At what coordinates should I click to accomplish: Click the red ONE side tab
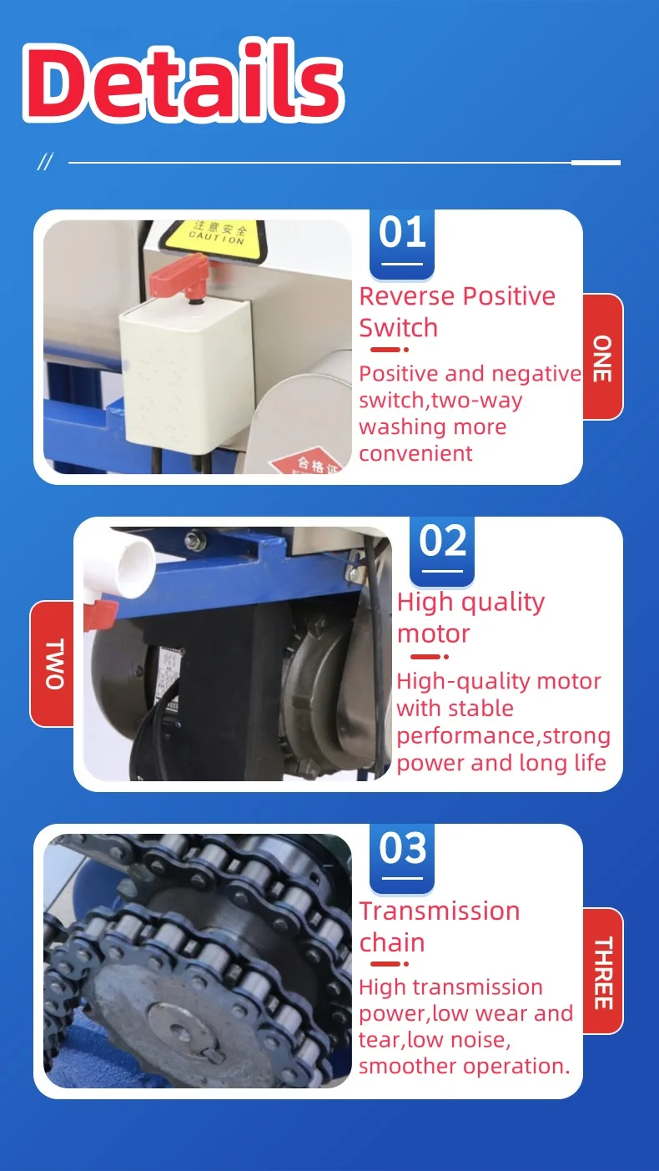point(602,357)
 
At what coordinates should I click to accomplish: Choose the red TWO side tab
point(53,664)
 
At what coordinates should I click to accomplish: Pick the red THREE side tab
point(602,972)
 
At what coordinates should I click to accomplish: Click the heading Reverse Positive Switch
point(457,311)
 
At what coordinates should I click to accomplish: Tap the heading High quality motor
point(470,617)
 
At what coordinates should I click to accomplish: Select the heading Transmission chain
point(440,926)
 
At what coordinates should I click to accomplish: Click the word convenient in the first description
point(415,453)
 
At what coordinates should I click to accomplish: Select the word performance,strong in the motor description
point(503,736)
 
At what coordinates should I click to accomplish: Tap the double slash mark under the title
point(45,162)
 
